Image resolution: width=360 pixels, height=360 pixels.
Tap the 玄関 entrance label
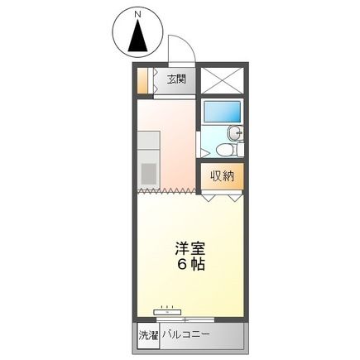(x=175, y=80)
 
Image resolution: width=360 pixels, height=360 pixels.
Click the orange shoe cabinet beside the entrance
(x=142, y=80)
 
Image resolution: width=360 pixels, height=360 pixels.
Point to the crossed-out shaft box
(x=222, y=79)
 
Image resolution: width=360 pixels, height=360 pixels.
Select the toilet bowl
(x=223, y=150)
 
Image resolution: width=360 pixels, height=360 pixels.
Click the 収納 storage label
(x=221, y=175)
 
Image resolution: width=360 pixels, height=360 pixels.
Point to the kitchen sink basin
(x=149, y=173)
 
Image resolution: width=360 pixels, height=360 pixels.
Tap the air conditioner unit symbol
(x=167, y=313)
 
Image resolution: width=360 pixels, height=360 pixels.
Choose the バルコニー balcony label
(x=185, y=335)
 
